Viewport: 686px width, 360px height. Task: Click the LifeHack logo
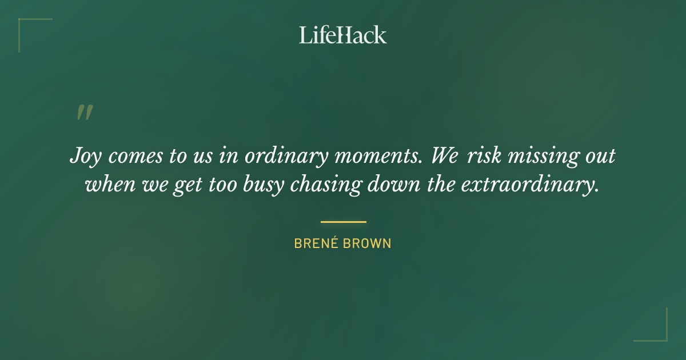click(x=343, y=35)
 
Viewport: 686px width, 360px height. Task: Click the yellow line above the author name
click(x=343, y=222)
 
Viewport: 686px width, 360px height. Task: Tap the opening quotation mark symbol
click(x=84, y=113)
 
